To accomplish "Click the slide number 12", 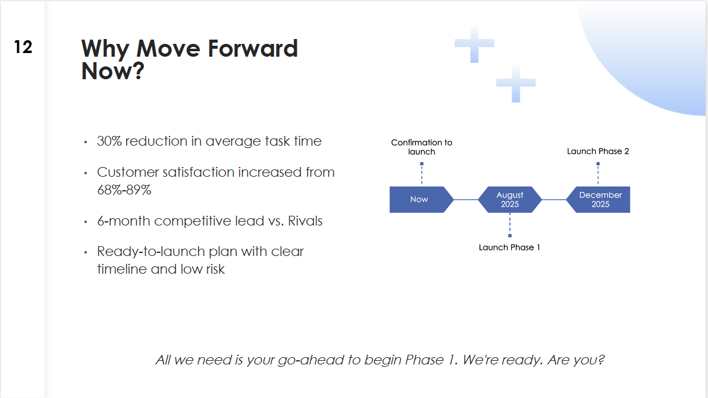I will click(23, 47).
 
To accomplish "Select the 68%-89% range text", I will click(124, 190).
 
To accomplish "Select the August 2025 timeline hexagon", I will click(510, 199).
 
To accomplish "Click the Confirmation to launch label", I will click(422, 147).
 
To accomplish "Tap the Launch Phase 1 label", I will click(509, 247).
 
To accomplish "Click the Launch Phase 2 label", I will click(598, 151).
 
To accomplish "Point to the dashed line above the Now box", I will click(422, 175).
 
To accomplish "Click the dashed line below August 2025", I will click(510, 224).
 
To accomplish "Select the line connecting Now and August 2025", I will click(466, 199).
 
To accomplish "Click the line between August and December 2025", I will click(554, 199).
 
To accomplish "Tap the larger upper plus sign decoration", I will click(474, 44).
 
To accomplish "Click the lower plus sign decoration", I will click(515, 83).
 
